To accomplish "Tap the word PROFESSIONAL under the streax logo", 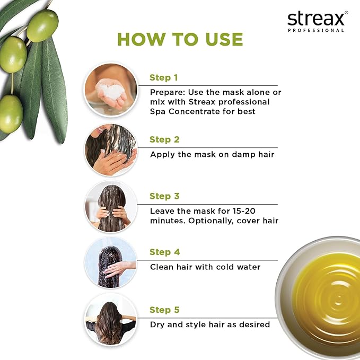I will (316, 31).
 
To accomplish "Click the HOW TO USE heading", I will (180, 39).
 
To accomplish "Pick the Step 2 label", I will (164, 140).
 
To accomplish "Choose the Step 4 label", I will (164, 252).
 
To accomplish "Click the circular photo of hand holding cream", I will (111, 90).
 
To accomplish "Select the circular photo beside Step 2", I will (111, 151).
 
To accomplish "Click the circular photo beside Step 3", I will (111, 207).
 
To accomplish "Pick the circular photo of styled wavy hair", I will (111, 320).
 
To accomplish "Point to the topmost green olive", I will (42, 25).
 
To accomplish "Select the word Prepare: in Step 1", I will (168, 92).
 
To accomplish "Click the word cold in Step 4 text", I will (219, 267).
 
